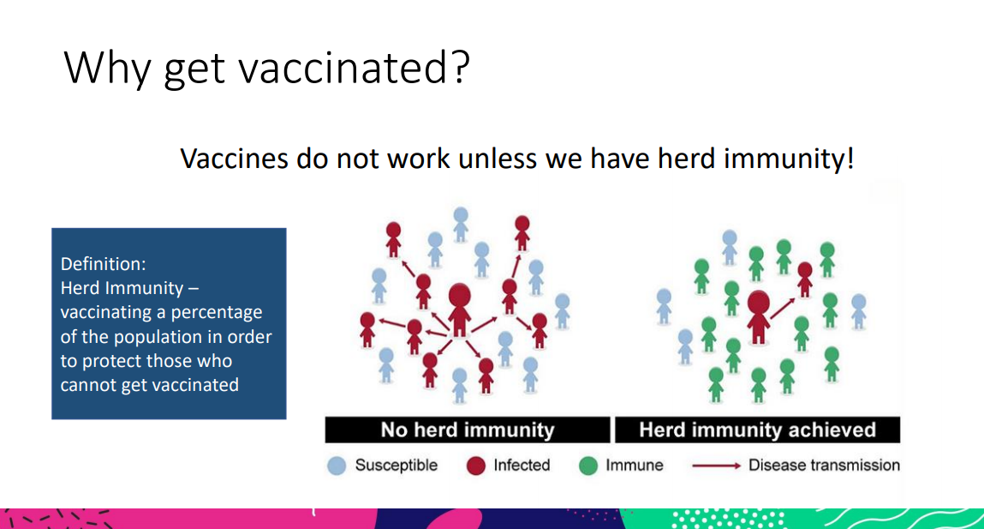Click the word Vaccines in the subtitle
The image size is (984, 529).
coord(234,159)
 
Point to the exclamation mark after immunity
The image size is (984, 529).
coord(850,158)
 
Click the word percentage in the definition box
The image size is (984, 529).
coord(217,313)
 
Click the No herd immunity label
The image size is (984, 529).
coord(468,430)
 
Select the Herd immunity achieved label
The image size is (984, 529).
coord(757,430)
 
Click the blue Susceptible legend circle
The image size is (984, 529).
coord(337,466)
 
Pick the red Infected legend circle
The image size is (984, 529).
coord(476,466)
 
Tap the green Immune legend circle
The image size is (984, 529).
coord(588,466)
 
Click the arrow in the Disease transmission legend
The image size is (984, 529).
coord(717,466)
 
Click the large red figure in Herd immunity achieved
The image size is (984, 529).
coord(759,316)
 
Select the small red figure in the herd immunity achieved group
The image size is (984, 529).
coord(804,280)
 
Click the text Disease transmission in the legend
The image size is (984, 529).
coord(824,466)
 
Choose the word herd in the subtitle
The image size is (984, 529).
coord(686,159)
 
